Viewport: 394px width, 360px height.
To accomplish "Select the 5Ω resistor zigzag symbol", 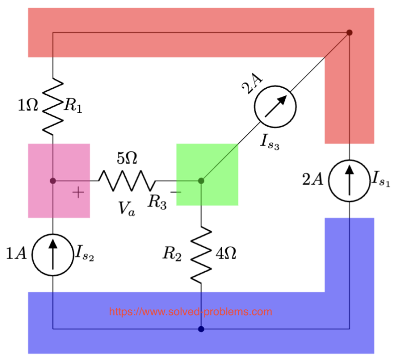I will (126, 181).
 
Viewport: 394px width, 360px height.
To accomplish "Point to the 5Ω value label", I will (127, 158).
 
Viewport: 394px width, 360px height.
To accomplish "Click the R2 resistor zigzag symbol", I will (201, 253).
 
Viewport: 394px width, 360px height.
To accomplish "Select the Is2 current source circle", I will (53, 252).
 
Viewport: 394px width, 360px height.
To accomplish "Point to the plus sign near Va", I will (77, 193).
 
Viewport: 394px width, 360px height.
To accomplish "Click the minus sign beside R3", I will (175, 192).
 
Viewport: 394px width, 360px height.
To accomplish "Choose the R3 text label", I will (157, 203).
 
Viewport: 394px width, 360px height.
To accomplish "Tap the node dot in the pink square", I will (53, 181).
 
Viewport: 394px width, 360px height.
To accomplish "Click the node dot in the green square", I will (201, 181).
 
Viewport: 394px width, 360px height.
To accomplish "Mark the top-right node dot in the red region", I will (349, 33).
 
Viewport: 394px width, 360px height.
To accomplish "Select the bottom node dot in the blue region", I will (201, 329).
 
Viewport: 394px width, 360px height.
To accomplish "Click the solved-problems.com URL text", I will (191, 312).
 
